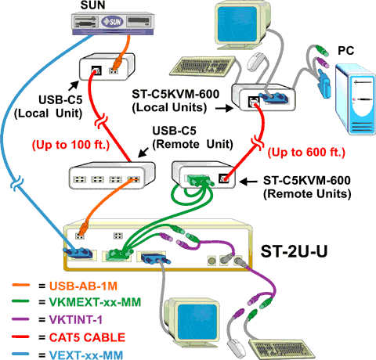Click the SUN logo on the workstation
[113, 22]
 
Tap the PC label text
[346, 51]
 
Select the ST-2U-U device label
[294, 251]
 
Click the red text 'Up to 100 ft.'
[70, 145]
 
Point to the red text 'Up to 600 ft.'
[306, 152]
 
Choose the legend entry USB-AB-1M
[83, 286]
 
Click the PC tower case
[356, 99]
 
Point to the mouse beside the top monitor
[256, 61]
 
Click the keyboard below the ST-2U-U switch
[281, 350]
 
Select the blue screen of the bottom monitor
[197, 320]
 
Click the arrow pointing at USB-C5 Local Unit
[74, 86]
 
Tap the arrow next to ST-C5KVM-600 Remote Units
[248, 182]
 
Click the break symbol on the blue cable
[17, 182]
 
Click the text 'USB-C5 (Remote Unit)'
[193, 138]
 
